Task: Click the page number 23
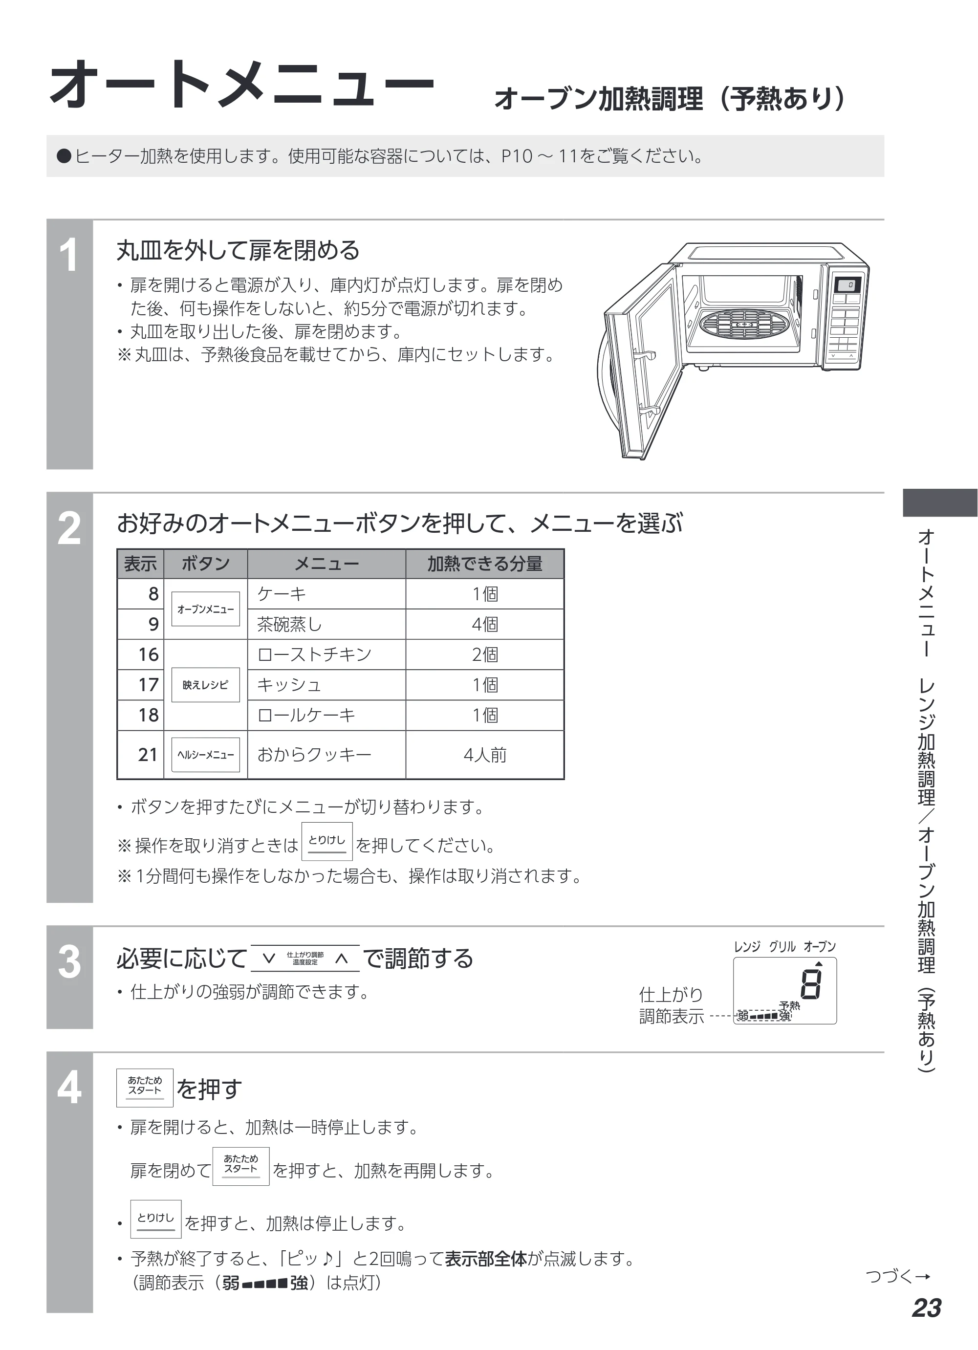(x=926, y=1308)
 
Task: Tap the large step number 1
(x=69, y=255)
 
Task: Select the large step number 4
(x=69, y=1088)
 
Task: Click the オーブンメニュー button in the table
(x=205, y=609)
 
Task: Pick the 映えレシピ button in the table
(x=205, y=684)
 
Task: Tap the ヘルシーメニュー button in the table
(x=205, y=755)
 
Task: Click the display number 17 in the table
(x=148, y=684)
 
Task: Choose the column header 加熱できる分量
(x=484, y=564)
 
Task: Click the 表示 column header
(x=140, y=564)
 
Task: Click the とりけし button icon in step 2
(x=327, y=841)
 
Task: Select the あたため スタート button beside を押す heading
(x=145, y=1088)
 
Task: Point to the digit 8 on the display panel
(x=811, y=984)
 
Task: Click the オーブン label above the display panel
(x=820, y=946)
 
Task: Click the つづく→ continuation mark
(x=898, y=1276)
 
